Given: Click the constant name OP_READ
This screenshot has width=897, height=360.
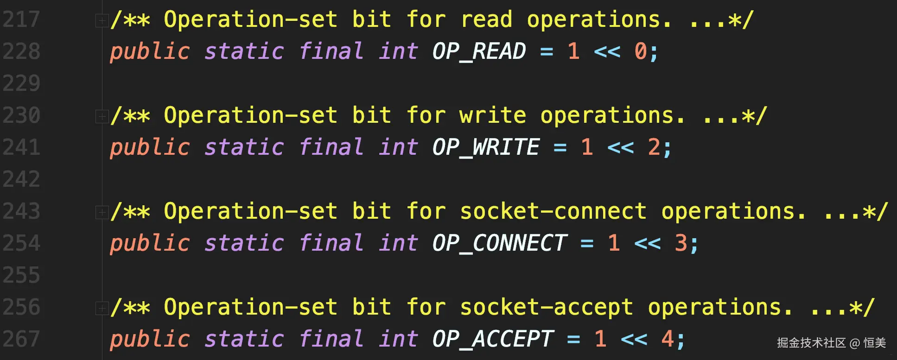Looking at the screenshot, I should tap(479, 51).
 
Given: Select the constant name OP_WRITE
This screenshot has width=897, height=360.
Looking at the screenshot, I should tap(485, 147).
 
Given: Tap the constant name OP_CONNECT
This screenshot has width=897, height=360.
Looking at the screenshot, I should tap(499, 243).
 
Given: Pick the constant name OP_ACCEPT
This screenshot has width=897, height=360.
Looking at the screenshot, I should tap(492, 339).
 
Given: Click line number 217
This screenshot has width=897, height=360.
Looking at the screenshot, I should tap(21, 19).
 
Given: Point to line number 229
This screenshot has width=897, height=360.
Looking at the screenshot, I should tap(21, 83).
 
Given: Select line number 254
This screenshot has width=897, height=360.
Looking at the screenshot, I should tap(21, 243).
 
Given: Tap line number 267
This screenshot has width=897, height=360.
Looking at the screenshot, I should tap(21, 339).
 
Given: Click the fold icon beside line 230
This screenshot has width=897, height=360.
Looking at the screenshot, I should tap(101, 116).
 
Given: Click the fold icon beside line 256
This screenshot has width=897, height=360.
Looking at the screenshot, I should tap(101, 308).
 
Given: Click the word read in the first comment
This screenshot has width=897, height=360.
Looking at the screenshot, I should tap(486, 19).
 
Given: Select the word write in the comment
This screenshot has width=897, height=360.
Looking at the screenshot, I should tap(493, 115).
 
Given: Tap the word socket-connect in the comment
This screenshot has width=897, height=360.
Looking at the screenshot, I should tap(553, 211).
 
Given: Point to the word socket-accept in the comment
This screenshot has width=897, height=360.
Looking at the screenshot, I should tap(547, 307).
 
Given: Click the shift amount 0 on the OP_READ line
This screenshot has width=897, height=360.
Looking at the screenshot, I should tap(641, 51).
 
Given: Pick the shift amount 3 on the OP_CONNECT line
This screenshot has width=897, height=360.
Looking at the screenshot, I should tap(681, 243).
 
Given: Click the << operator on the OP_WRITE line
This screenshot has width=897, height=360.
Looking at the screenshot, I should tap(620, 147).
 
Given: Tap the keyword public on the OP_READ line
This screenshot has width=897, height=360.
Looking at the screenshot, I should tap(150, 51).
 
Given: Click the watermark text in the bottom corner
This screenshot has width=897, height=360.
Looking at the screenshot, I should tap(831, 343).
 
